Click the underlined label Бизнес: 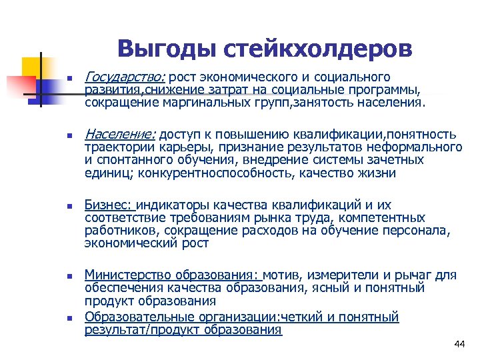click(109, 205)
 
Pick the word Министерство click(129, 275)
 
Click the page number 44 click(459, 344)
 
